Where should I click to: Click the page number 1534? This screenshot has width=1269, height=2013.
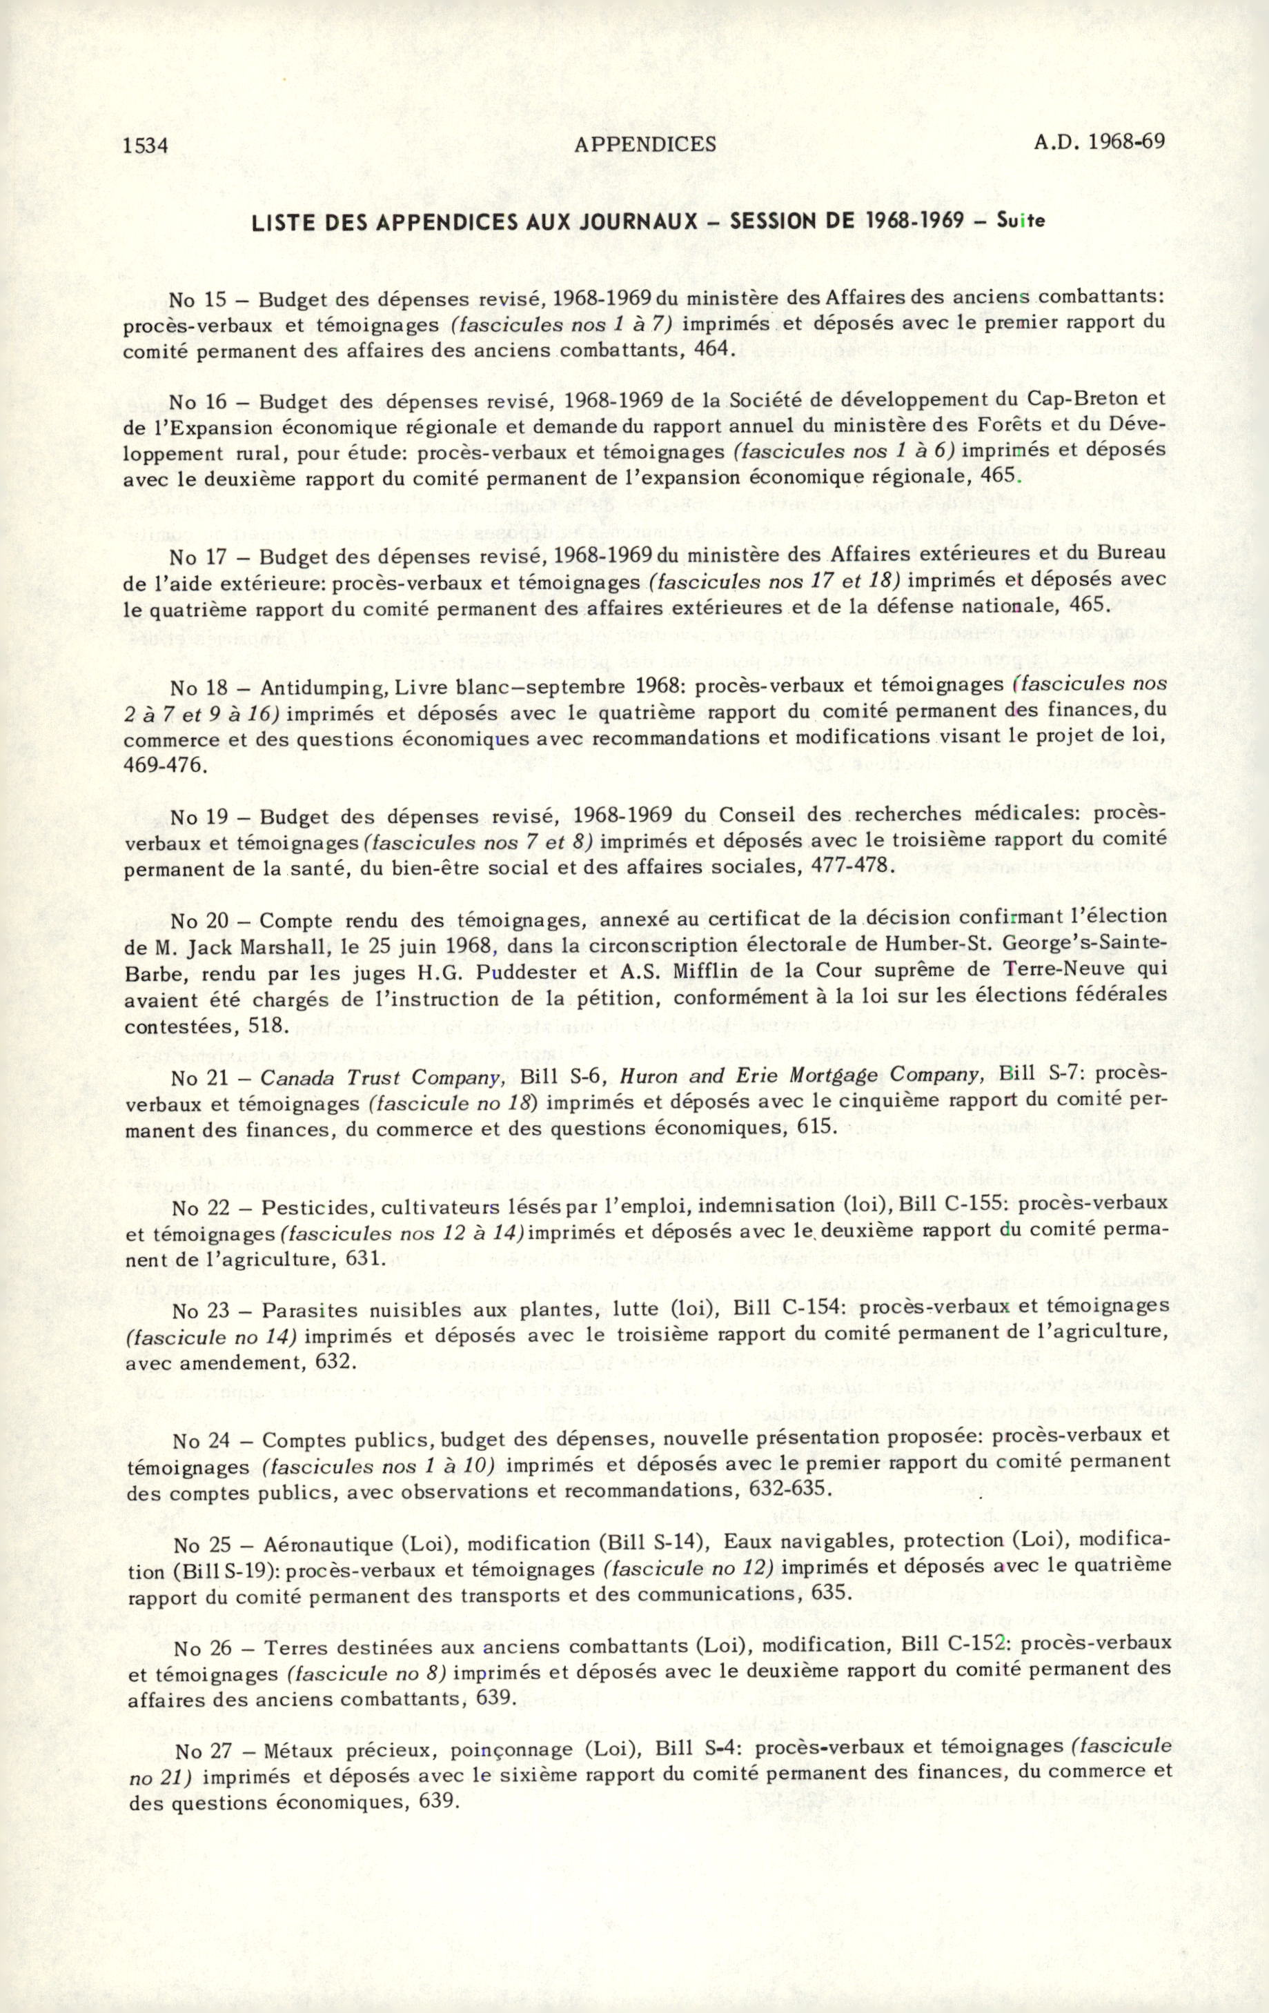coord(146,146)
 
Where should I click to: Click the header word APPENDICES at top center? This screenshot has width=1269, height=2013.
coord(645,143)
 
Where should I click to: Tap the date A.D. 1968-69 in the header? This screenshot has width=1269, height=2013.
coord(1099,141)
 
